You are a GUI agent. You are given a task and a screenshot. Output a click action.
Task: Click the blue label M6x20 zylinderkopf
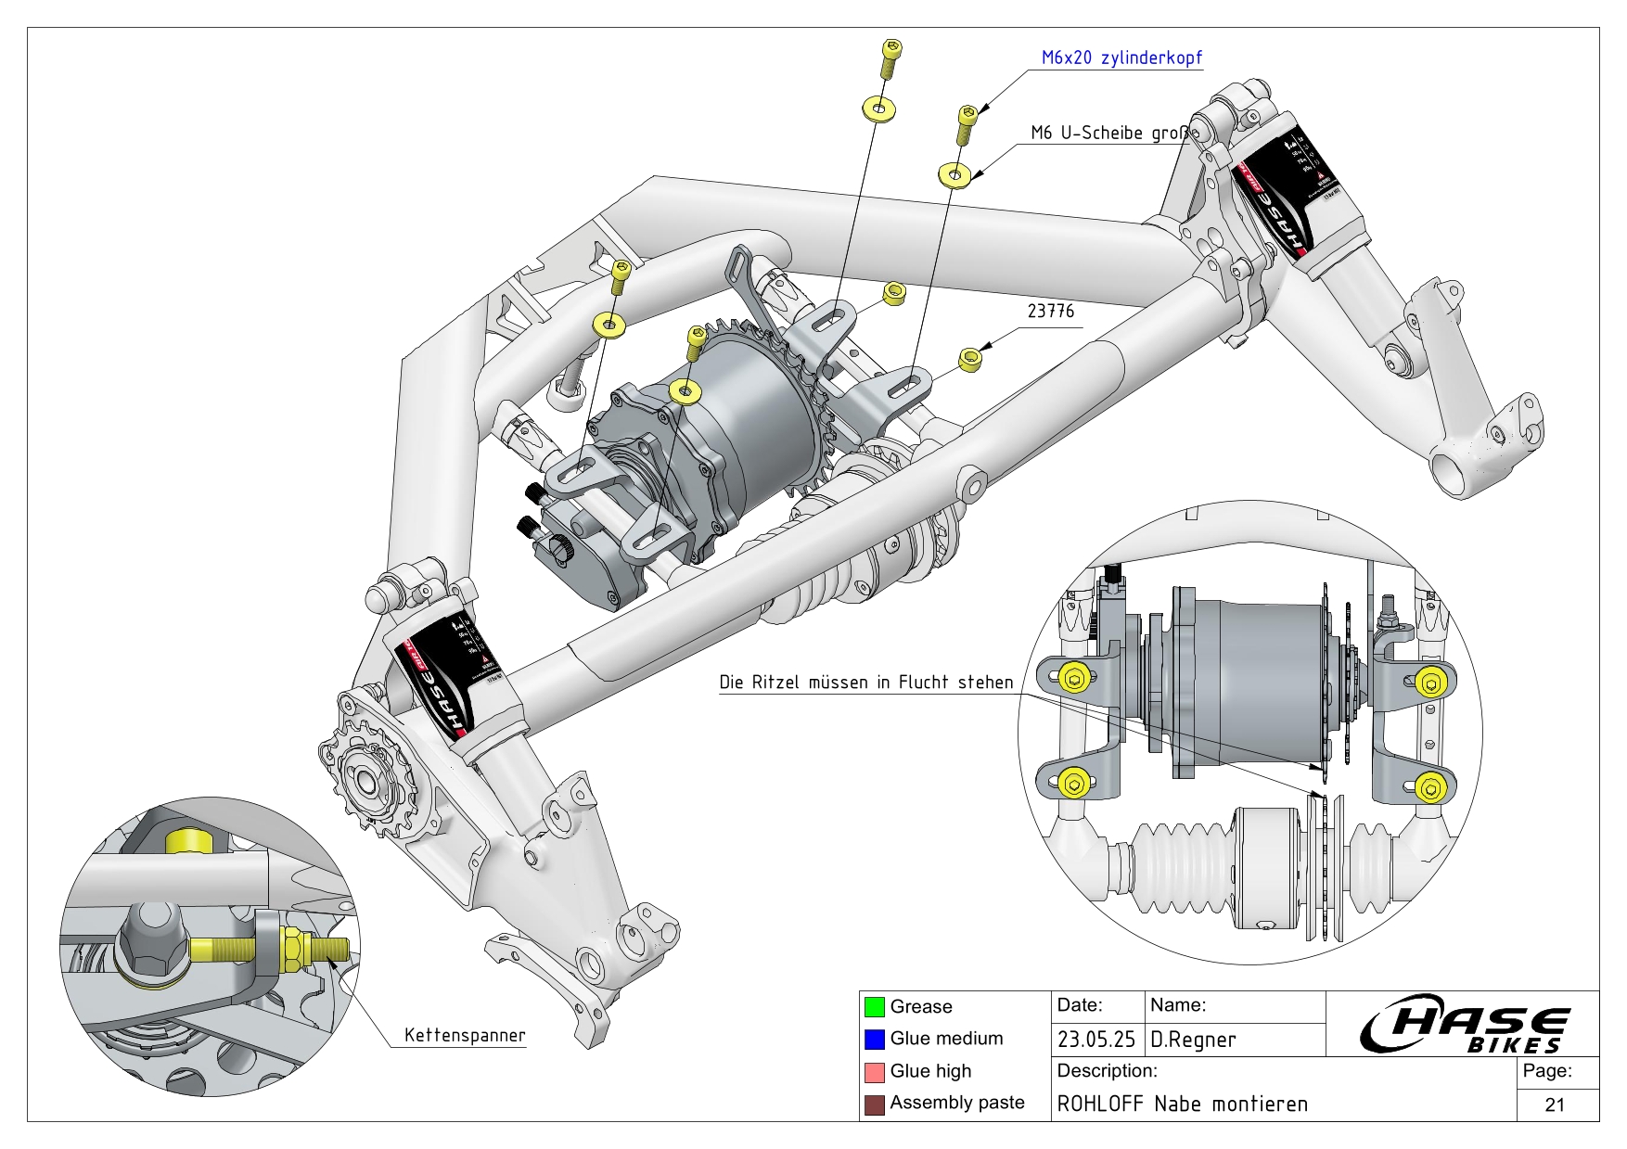1121,57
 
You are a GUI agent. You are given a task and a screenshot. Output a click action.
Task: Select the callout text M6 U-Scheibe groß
1108,133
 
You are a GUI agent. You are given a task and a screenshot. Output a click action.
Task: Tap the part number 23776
1050,311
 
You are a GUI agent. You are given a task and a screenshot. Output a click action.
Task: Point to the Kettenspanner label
464,1035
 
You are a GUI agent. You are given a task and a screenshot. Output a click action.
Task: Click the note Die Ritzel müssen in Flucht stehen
865,682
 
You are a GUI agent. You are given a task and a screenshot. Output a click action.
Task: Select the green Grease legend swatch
874,1006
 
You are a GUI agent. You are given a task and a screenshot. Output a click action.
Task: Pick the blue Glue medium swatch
874,1039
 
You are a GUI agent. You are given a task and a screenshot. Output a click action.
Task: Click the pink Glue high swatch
874,1071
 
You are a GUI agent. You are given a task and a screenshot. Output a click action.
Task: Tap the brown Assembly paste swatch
874,1104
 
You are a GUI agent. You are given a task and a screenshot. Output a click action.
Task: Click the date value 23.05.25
1095,1040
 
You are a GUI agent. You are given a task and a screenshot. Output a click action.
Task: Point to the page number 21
1555,1104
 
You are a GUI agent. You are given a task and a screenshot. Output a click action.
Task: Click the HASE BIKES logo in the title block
1464,1028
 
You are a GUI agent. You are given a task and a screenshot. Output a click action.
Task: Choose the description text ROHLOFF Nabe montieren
1182,1104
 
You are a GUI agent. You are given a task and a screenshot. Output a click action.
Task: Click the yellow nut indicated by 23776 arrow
970,359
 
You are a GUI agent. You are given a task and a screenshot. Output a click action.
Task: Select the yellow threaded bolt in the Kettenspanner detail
269,949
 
